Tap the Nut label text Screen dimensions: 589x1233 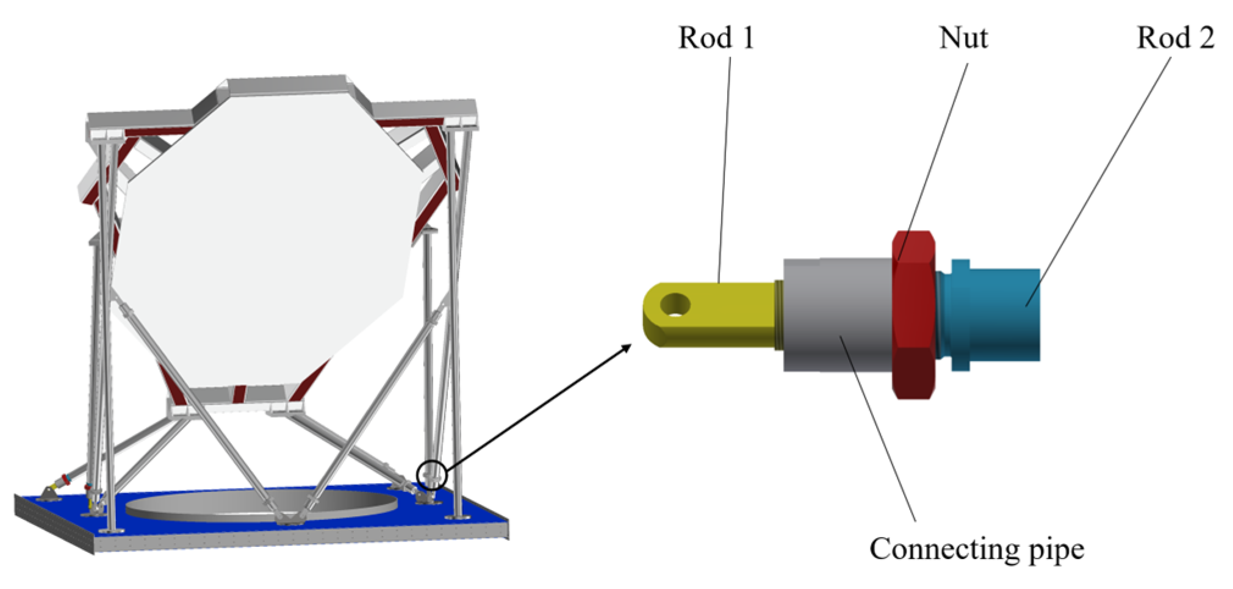tap(963, 38)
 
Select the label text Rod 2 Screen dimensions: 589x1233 tap(1175, 38)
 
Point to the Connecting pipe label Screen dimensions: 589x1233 tap(976, 549)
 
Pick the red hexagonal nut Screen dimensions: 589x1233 tap(913, 314)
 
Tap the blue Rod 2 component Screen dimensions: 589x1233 tap(994, 314)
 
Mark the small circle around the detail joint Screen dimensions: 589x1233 tap(432, 474)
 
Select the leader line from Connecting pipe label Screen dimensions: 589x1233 tap(879, 427)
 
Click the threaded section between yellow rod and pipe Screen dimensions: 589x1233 tap(779, 314)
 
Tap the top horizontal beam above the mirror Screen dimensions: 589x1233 tap(287, 85)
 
